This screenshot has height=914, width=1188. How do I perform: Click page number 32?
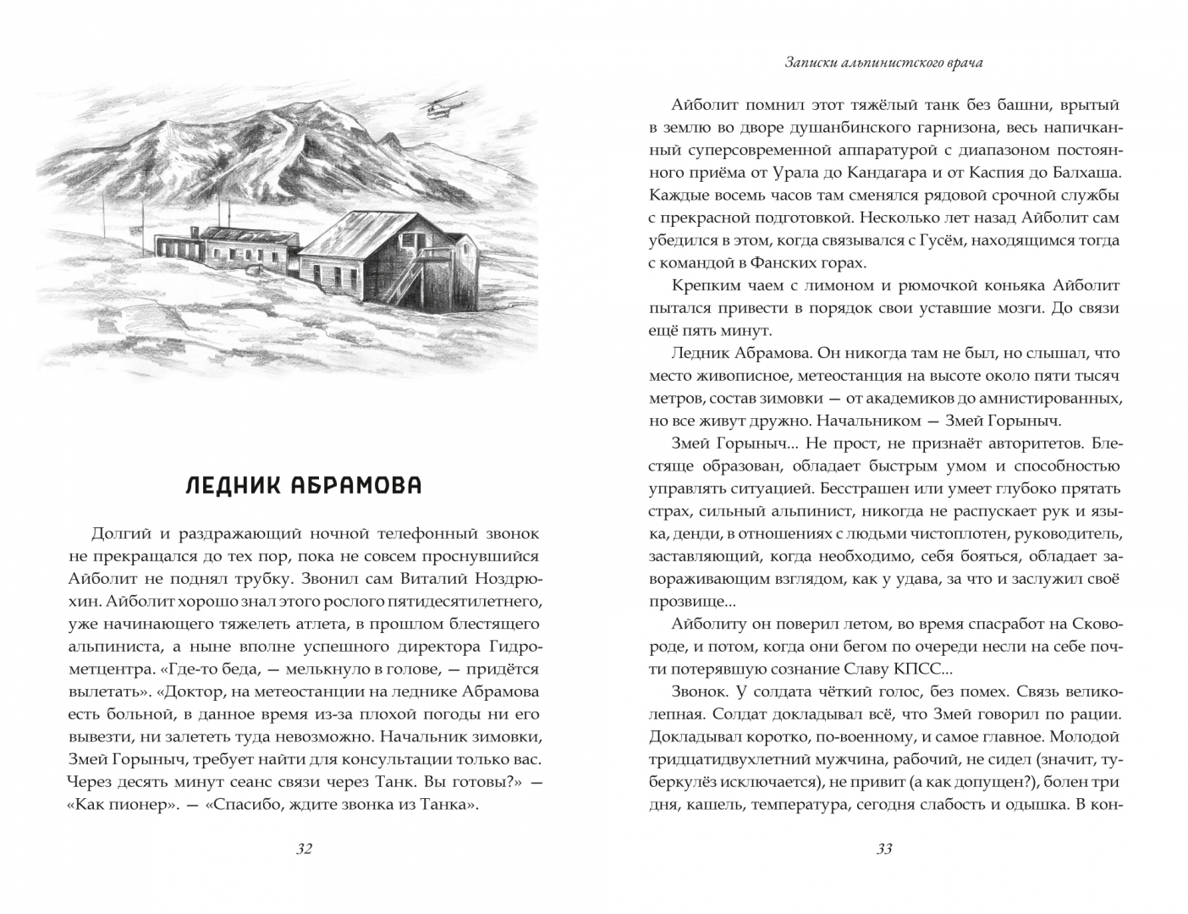point(305,849)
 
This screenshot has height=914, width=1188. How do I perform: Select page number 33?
point(884,849)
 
